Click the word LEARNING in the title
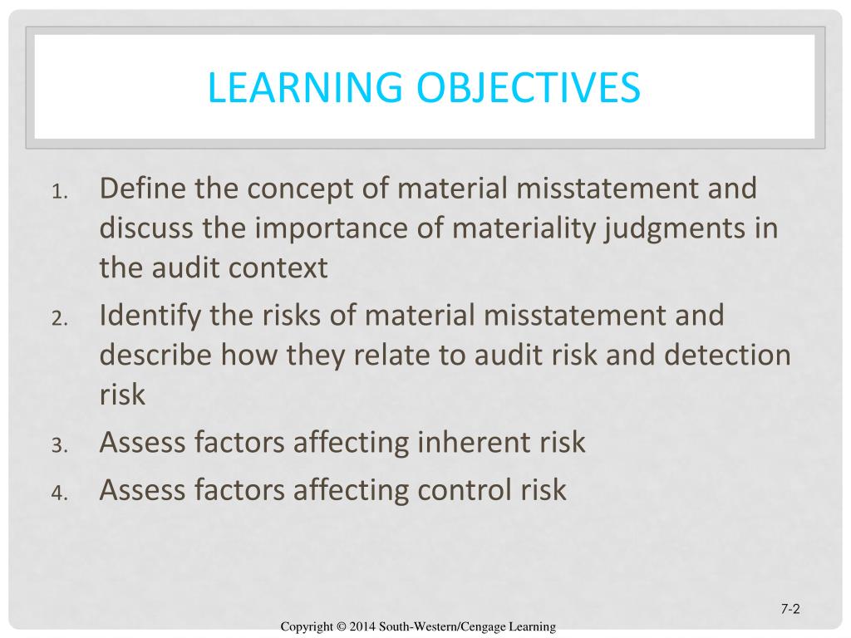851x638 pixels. pyautogui.click(x=305, y=86)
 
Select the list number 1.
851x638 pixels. pyautogui.click(x=60, y=192)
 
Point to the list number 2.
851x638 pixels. pyautogui.click(x=60, y=318)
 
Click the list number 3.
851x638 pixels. pyautogui.click(x=60, y=445)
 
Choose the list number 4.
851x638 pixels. pyautogui.click(x=60, y=493)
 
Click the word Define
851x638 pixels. pyautogui.click(x=143, y=188)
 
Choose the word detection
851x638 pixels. pyautogui.click(x=727, y=356)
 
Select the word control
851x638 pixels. pyautogui.click(x=465, y=489)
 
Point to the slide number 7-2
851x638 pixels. pyautogui.click(x=790, y=609)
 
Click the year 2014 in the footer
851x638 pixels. pyautogui.click(x=362, y=626)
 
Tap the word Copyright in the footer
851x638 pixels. pyautogui.click(x=307, y=627)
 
